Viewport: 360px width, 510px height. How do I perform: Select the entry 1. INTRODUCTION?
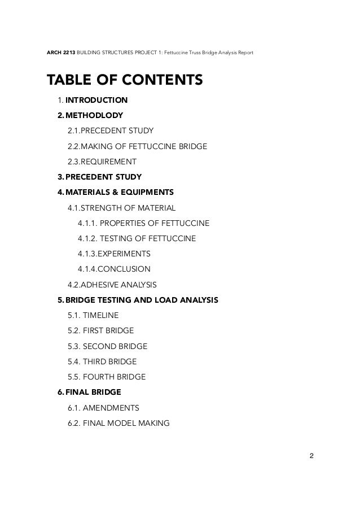tap(93, 101)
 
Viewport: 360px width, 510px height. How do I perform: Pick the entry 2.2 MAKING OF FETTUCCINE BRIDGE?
tap(137, 147)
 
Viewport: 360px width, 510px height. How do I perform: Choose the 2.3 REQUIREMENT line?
tap(102, 162)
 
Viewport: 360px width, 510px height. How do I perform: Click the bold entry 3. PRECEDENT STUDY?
tap(99, 177)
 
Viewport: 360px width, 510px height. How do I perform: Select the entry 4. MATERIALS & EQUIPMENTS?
tap(116, 192)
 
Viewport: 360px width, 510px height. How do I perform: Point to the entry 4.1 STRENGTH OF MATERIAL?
tap(122, 208)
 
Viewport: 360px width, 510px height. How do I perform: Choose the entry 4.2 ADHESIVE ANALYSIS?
tap(112, 284)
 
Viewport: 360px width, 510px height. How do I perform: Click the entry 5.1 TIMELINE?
tap(93, 315)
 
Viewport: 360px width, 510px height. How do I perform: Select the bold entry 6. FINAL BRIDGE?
tap(89, 391)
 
